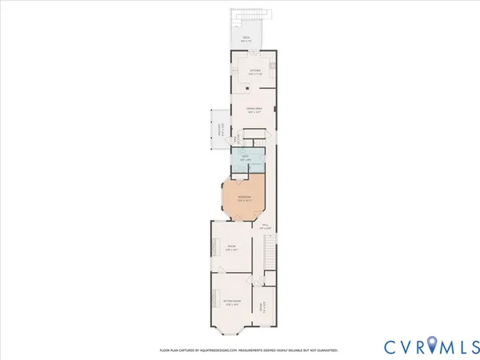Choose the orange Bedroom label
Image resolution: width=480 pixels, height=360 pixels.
(x=244, y=198)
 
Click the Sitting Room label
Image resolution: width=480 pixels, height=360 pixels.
(x=231, y=302)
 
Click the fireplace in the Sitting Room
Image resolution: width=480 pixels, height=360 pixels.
(x=213, y=301)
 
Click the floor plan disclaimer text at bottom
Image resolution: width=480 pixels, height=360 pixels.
(x=248, y=350)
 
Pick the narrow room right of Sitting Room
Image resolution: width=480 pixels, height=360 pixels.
(x=261, y=306)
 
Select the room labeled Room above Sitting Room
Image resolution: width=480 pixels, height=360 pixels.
(x=231, y=247)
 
